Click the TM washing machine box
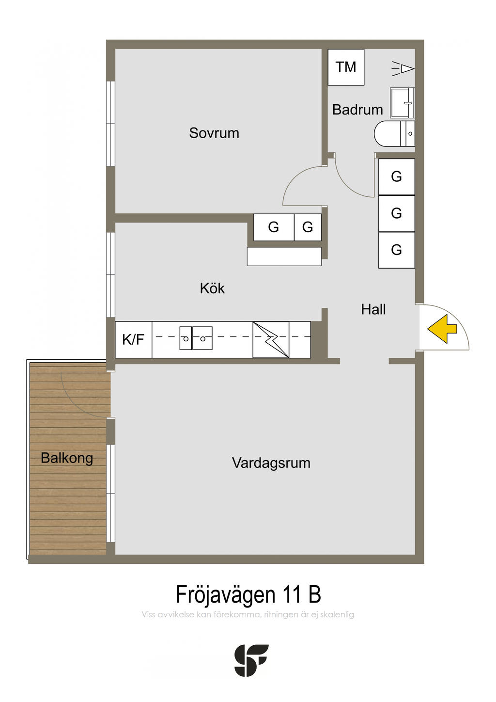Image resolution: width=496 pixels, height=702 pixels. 346,67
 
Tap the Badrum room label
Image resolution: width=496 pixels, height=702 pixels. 357,110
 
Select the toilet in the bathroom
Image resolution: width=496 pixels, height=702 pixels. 395,133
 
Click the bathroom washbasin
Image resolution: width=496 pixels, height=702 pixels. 403,103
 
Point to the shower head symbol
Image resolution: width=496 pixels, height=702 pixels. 403,69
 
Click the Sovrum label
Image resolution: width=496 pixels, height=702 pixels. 214,133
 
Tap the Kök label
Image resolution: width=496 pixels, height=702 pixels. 212,288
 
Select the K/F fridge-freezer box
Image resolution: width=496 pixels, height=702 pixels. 134,339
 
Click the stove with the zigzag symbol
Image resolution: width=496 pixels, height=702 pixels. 271,339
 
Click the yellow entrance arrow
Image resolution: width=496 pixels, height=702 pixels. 442,329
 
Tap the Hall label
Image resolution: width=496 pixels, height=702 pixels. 373,309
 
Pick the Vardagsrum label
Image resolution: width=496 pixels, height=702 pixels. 271,463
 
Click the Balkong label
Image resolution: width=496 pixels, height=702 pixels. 67,458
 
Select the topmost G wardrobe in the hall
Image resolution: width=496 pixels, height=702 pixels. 397,177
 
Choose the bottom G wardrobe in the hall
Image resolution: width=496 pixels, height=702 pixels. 397,250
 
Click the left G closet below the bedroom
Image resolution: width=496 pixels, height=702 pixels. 274,227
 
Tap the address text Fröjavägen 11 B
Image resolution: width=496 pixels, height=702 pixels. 248,594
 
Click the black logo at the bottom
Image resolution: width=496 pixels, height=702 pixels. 251,660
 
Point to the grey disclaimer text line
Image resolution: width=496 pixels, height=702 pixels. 248,614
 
